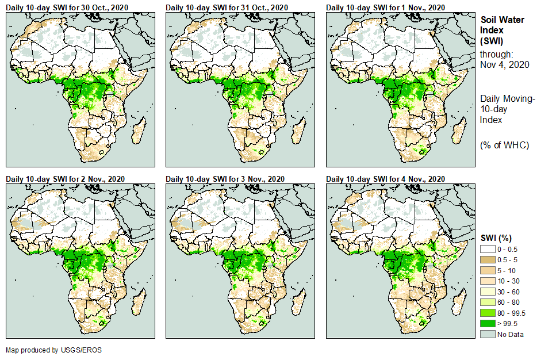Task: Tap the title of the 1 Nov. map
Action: (386, 7)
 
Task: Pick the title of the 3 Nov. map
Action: (225, 179)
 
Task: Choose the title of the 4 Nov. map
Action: (386, 179)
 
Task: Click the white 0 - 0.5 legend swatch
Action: (488, 249)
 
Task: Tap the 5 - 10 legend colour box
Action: (488, 270)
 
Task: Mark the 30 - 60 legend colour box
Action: (488, 292)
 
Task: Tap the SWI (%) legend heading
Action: (496, 238)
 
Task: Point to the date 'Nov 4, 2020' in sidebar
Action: (504, 64)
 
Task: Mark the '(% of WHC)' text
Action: (504, 145)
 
